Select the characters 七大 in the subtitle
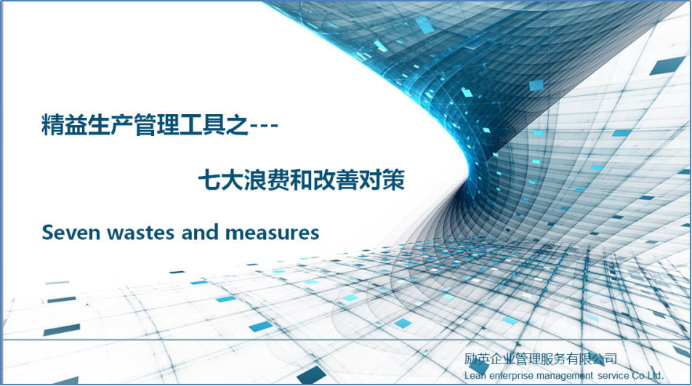click(x=217, y=180)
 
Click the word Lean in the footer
click(x=474, y=375)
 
